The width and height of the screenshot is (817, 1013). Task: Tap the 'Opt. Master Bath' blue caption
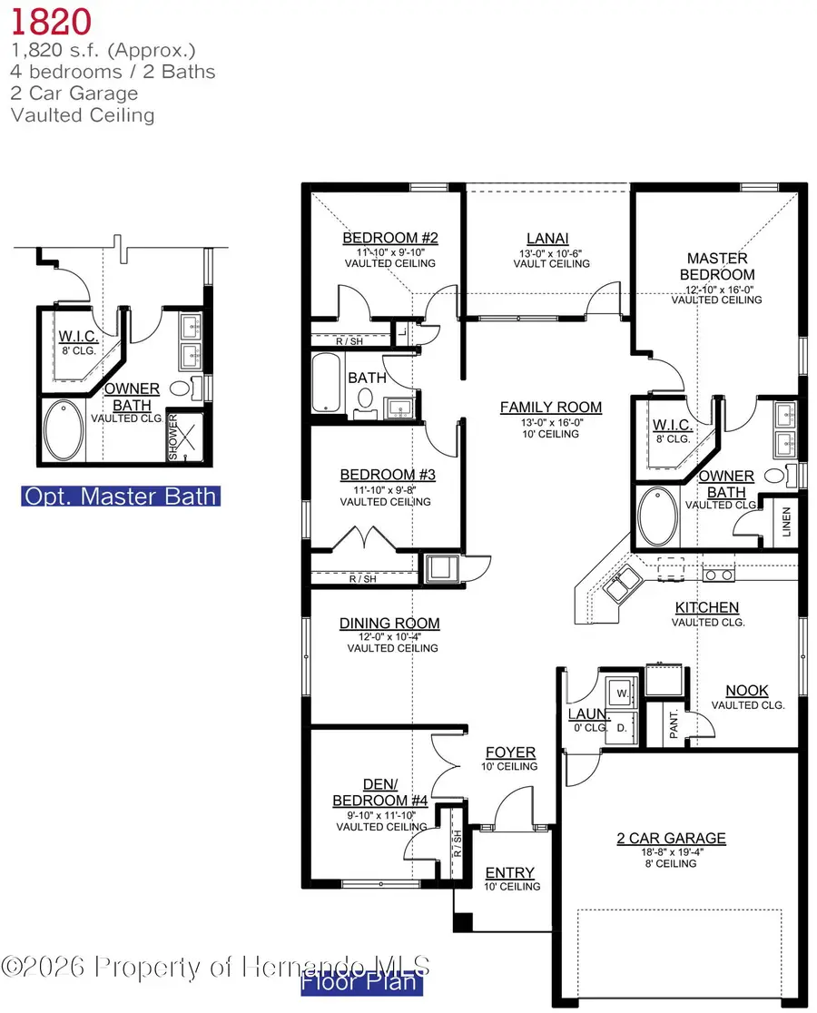(x=121, y=497)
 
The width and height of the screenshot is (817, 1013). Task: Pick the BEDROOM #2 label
(x=390, y=239)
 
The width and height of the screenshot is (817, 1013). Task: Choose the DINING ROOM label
(x=389, y=624)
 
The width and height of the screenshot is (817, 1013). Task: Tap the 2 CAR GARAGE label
(x=672, y=839)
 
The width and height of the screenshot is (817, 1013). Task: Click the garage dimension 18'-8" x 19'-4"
(x=672, y=851)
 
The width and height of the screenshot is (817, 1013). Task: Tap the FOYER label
(x=511, y=752)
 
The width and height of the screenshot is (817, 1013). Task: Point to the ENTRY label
(x=509, y=873)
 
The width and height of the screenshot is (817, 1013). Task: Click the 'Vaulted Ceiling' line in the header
(x=83, y=115)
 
